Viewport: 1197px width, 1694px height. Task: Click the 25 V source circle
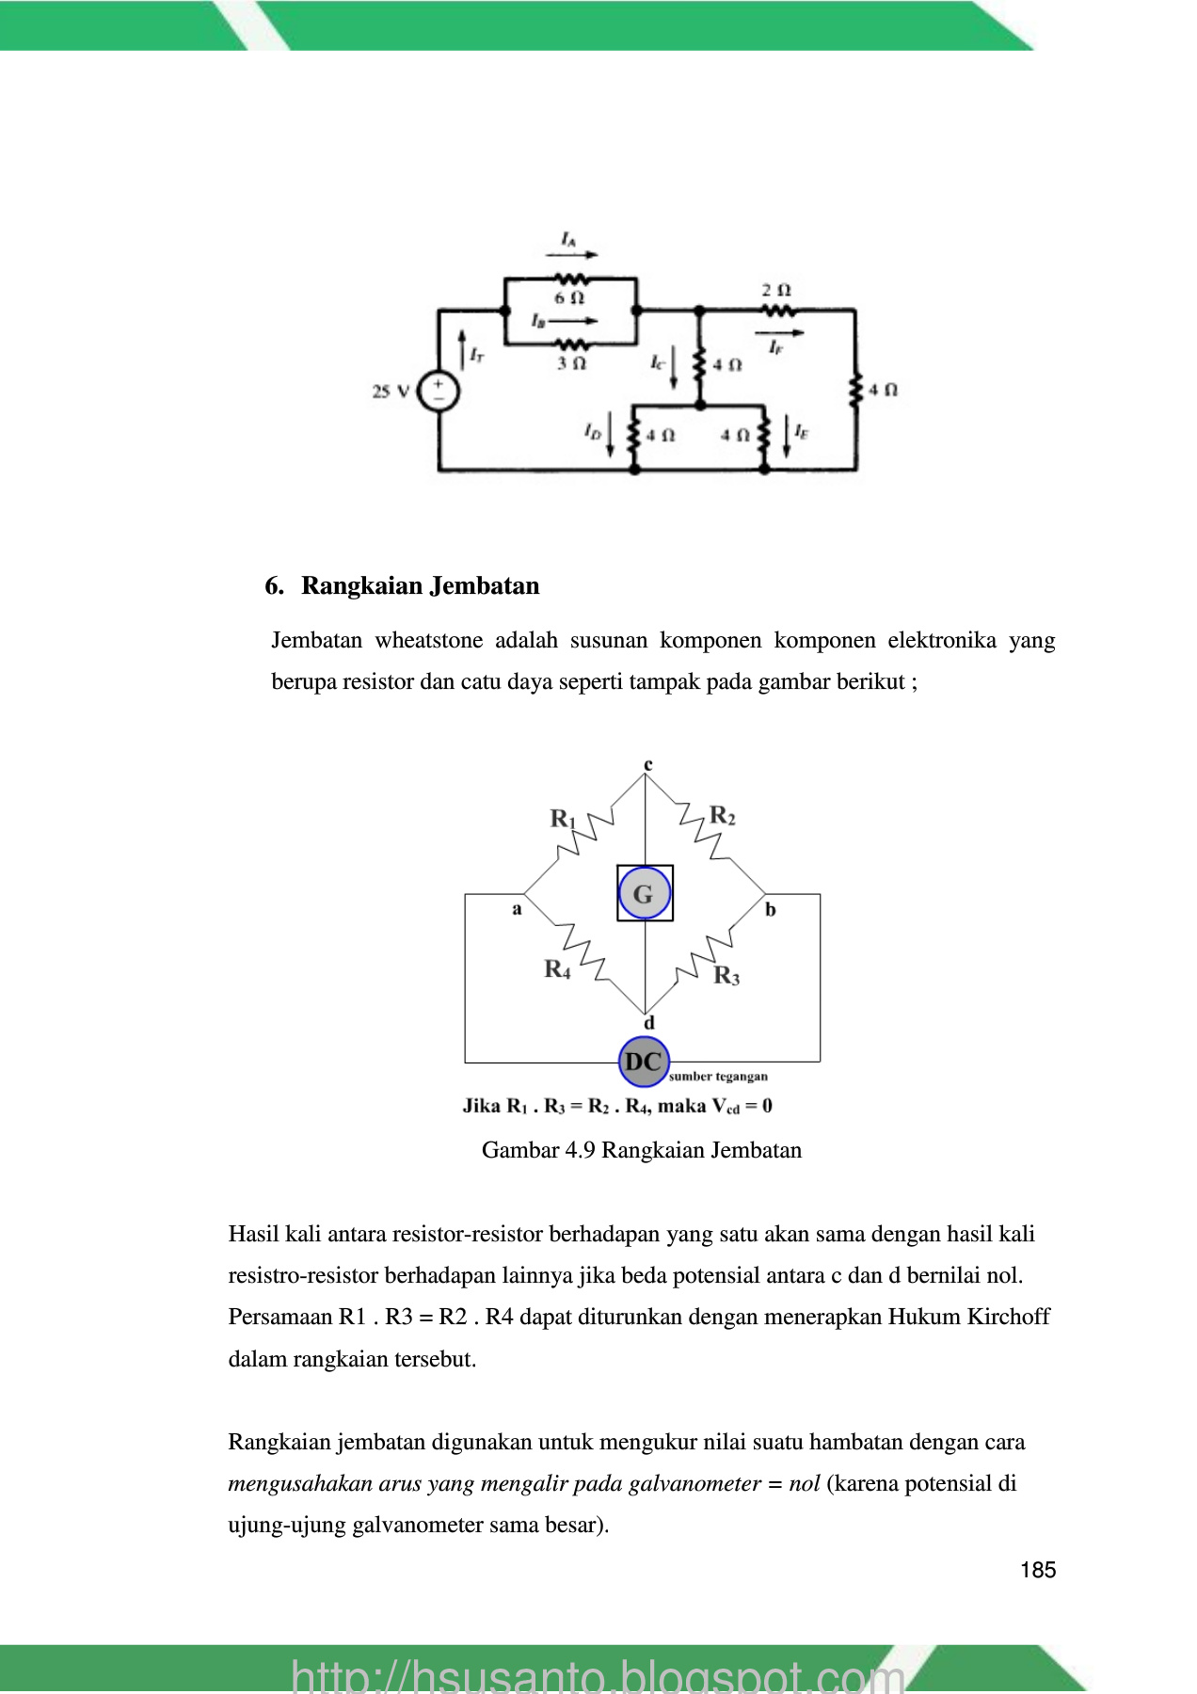[438, 392]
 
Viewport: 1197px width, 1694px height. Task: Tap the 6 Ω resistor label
[569, 298]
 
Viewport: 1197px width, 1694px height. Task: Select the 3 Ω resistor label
[571, 363]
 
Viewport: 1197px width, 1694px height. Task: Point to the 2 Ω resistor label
[776, 290]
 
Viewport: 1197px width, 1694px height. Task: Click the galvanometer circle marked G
[644, 893]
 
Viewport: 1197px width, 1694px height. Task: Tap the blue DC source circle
[644, 1062]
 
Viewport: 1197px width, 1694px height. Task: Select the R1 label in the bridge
[562, 819]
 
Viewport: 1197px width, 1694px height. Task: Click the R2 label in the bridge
[722, 815]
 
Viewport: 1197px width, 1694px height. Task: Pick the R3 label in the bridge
[726, 975]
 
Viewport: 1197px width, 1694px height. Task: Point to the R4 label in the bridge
[557, 968]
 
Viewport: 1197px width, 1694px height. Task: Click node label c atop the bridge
[647, 764]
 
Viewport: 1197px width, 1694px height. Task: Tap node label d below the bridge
[648, 1023]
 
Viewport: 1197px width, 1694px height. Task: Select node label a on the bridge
[517, 909]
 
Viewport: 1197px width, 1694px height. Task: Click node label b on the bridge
[771, 909]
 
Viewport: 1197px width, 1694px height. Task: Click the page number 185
[1037, 1570]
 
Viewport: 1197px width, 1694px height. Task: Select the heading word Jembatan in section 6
[485, 585]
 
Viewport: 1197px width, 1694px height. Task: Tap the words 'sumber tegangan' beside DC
[718, 1077]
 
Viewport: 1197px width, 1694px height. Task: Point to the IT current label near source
[476, 355]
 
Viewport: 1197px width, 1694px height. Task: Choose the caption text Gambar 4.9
[538, 1150]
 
